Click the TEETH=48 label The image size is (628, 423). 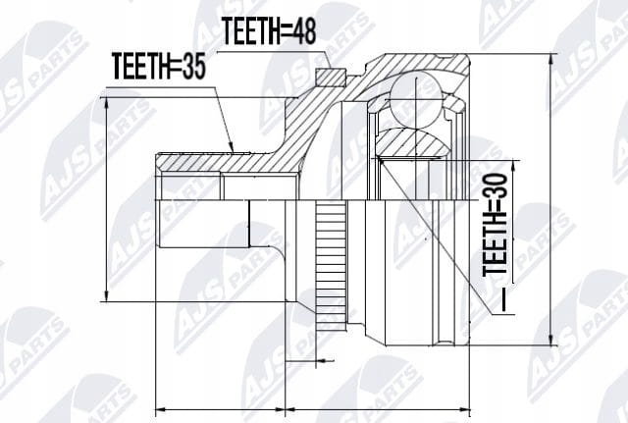click(x=269, y=30)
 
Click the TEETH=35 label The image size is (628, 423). click(x=159, y=66)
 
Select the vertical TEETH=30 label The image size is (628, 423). click(x=495, y=225)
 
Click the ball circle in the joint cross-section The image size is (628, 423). click(x=415, y=100)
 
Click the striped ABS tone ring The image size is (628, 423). click(x=331, y=266)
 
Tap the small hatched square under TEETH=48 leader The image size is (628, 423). click(x=330, y=78)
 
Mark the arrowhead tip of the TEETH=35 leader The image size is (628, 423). click(x=234, y=152)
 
